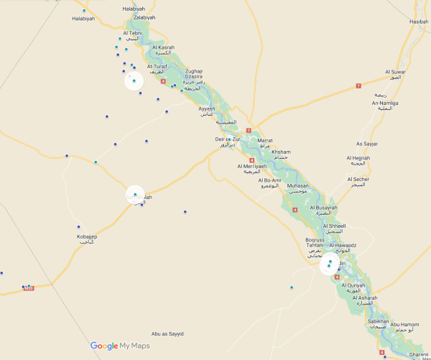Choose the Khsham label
[x=282, y=152]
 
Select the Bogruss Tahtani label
[x=315, y=242]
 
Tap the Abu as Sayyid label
[x=168, y=334]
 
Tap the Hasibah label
[x=418, y=22]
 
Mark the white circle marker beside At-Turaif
[x=134, y=81]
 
